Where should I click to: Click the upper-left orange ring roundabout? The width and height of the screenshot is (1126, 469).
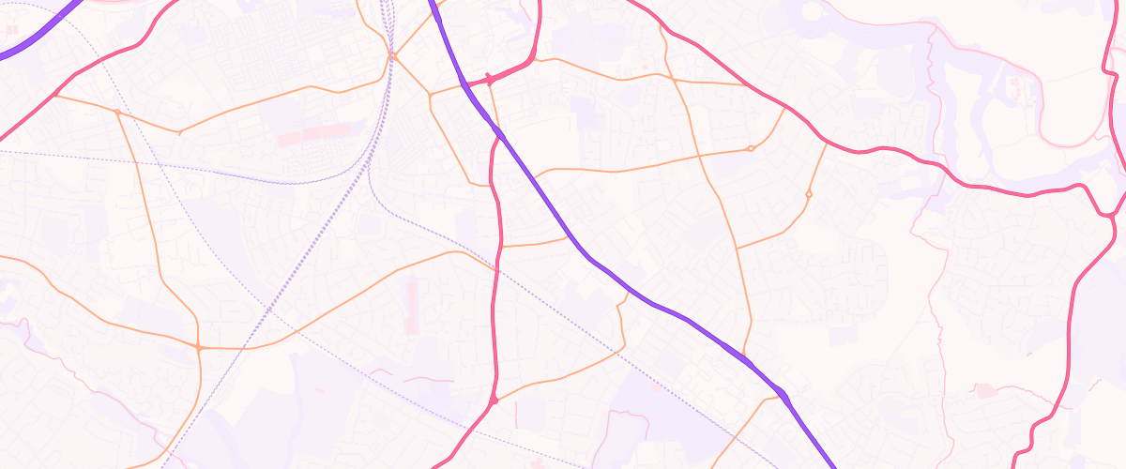(751, 148)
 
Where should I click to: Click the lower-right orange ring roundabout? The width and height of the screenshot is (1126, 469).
(808, 194)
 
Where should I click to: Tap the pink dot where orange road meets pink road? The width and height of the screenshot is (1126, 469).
(494, 401)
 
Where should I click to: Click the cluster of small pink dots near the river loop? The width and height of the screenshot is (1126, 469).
(1016, 91)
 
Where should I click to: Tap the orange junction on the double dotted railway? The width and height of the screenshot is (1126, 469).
(393, 57)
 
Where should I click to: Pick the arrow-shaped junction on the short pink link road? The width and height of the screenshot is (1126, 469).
(489, 82)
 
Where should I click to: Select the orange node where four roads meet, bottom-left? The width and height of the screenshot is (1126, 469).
(199, 348)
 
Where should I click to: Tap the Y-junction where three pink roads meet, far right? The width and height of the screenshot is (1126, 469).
(1110, 215)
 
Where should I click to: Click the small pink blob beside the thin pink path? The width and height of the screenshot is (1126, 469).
(984, 390)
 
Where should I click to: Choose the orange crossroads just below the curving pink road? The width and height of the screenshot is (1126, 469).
(675, 81)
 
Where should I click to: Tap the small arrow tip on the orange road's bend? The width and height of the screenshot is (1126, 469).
(179, 132)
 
